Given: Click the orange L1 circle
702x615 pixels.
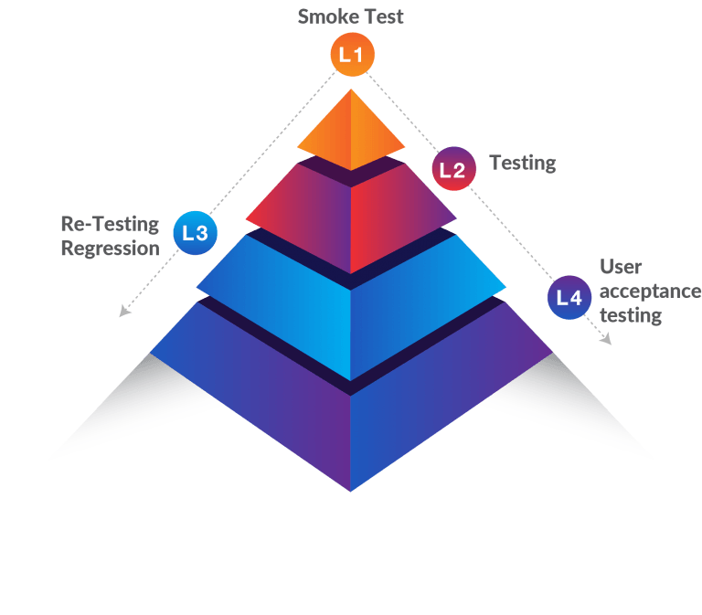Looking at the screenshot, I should pyautogui.click(x=351, y=55).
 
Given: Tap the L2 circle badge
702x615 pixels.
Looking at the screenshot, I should pyautogui.click(x=453, y=169).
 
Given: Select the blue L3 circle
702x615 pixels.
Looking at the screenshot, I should pyautogui.click(x=195, y=233).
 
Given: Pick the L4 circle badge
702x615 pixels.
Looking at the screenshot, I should pyautogui.click(x=569, y=297).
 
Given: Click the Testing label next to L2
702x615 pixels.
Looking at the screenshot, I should pyautogui.click(x=522, y=163).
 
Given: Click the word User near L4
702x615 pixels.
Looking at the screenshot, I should pyautogui.click(x=621, y=267).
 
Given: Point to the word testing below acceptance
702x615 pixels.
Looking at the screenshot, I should pyautogui.click(x=631, y=316).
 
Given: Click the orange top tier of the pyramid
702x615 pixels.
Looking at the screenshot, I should pyautogui.click(x=351, y=133).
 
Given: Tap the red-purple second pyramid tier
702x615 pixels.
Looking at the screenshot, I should pyautogui.click(x=351, y=215).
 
